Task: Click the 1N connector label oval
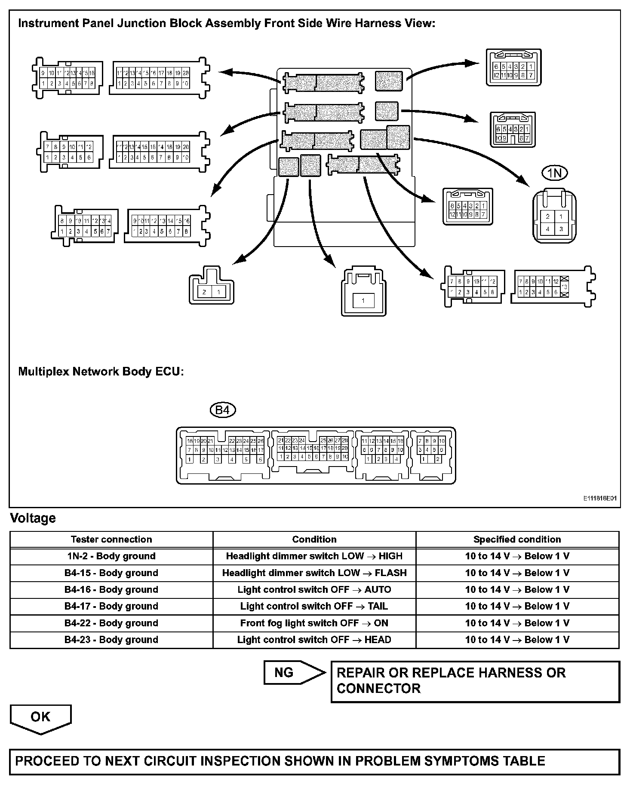pos(555,173)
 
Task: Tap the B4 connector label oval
pos(222,410)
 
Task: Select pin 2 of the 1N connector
pos(547,216)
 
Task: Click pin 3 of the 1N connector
pos(561,229)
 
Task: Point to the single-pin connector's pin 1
pos(363,301)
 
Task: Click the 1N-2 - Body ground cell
pos(111,556)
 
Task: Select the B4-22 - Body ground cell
pos(111,623)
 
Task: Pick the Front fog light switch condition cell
pos(314,623)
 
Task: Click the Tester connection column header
pos(111,540)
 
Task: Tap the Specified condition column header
pos(517,540)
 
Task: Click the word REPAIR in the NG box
pos(360,673)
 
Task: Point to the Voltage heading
pos(33,519)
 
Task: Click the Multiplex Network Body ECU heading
pos(101,372)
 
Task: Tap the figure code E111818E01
pos(599,499)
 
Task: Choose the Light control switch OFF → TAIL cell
pos(314,607)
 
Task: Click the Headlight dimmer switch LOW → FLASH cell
pos(314,573)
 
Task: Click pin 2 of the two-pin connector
pos(204,292)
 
